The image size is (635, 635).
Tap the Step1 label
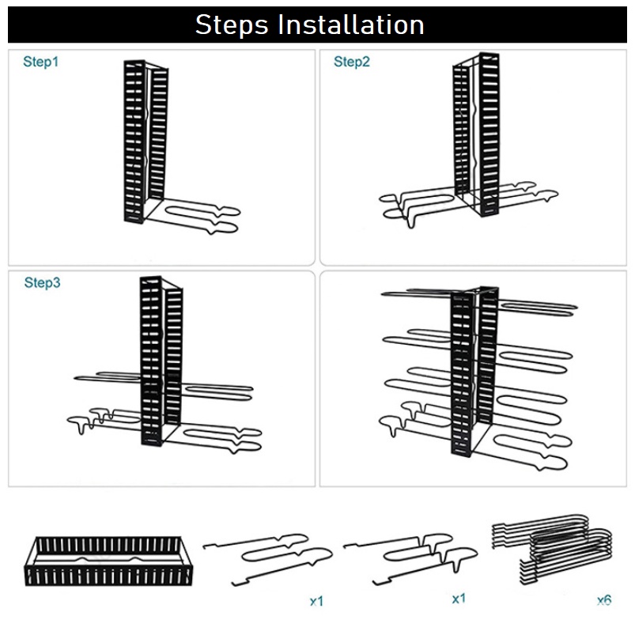(x=40, y=62)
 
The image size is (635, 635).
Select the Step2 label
(x=351, y=62)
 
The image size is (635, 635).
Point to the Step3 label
(x=42, y=282)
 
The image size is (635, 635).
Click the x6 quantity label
(x=604, y=600)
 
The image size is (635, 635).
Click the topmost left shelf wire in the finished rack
(x=415, y=295)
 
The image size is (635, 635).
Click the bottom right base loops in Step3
(x=221, y=438)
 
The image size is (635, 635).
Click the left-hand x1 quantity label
(x=316, y=602)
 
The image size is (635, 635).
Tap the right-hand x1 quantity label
(x=458, y=599)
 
